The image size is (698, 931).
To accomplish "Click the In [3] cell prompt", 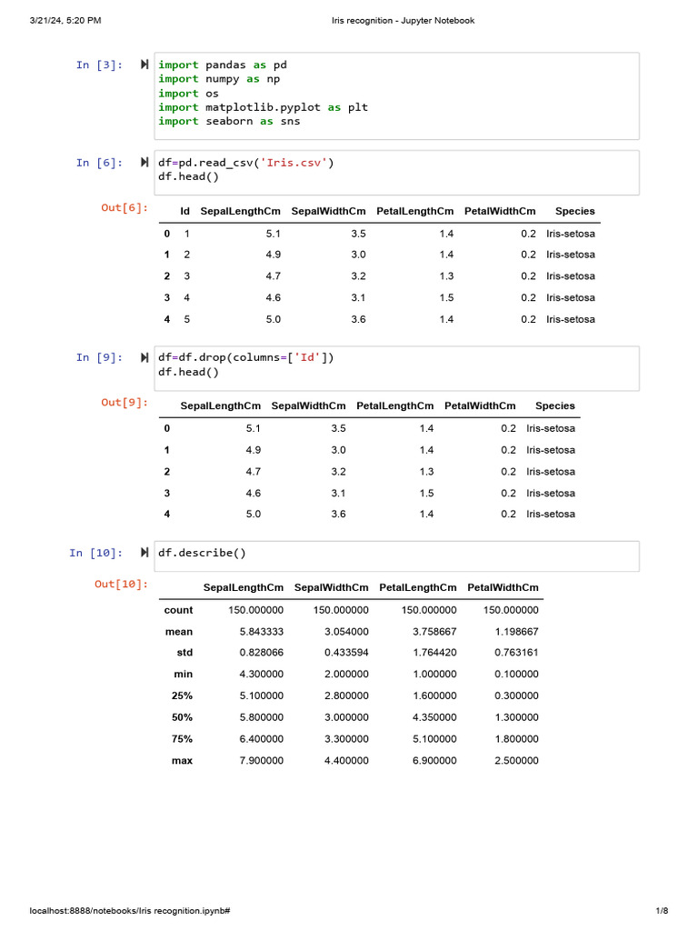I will pos(99,65).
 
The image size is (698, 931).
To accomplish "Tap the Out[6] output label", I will pos(124,207).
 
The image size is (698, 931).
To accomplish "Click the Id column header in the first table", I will pos(184,211).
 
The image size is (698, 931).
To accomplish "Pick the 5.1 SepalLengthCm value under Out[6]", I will pos(274,234).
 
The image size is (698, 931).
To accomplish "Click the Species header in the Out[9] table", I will pos(554,406).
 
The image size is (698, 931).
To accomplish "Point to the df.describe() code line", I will pos(202,553).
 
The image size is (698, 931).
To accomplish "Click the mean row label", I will pos(178,632).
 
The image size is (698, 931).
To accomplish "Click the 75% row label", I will pos(182,739).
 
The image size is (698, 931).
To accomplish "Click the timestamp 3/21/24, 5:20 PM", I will pos(65,21).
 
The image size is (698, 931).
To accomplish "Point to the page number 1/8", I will pos(662,910).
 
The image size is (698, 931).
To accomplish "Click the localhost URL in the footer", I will pos(129,910).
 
